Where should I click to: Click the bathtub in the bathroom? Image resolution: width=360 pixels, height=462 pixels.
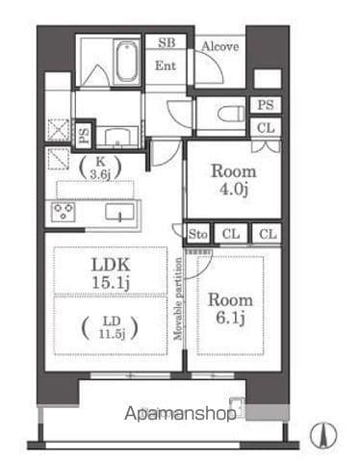(127, 63)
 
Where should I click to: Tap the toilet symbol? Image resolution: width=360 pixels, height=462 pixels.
(230, 114)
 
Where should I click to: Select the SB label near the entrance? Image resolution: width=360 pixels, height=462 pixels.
(167, 42)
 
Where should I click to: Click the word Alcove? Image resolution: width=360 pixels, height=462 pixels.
(220, 47)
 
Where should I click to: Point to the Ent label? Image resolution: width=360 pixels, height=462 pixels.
(166, 66)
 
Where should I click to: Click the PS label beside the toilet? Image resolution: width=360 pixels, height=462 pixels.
(266, 105)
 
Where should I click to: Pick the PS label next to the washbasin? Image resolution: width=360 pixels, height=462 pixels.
(85, 135)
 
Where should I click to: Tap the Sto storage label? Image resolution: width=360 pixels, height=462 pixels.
(198, 234)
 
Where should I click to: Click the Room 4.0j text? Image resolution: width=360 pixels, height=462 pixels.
(234, 180)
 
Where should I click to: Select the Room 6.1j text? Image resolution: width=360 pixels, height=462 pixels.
(230, 309)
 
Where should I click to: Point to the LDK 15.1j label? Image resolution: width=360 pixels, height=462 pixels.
(111, 273)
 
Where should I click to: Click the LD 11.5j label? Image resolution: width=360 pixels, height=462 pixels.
(111, 327)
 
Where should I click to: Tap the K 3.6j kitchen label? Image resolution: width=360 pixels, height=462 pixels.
(100, 167)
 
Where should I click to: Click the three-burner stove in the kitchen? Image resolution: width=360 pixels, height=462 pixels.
(64, 212)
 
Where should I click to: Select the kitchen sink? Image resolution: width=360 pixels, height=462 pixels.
(119, 212)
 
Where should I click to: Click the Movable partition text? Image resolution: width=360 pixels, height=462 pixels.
(178, 298)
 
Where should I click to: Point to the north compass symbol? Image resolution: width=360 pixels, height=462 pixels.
(323, 434)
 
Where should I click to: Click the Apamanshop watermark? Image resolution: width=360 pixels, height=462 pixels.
(180, 414)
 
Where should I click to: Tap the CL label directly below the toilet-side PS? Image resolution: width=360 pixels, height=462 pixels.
(266, 128)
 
